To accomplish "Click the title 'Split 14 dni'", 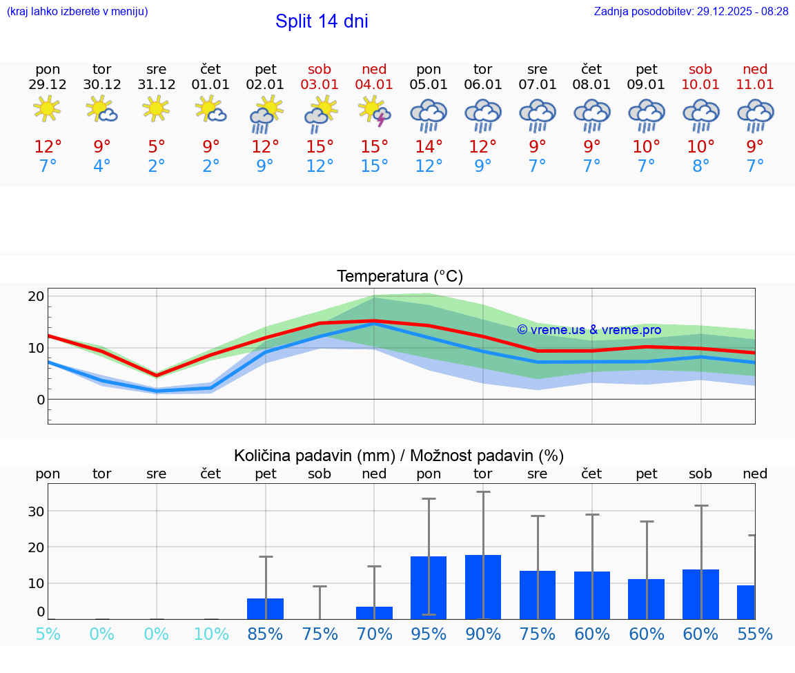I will coord(322,21).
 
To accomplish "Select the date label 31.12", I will coord(157,85).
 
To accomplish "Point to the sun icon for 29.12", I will coord(47,108).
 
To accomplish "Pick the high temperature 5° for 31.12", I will coord(157,147).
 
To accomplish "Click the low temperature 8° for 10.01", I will coord(700,166).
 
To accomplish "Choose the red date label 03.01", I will coord(320,85).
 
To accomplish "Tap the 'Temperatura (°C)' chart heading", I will coord(400,277).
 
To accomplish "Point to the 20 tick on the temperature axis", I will coord(36,296).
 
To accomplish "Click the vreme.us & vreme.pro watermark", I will coord(589,330).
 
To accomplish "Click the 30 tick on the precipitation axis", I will coord(36,511).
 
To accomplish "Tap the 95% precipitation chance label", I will coord(429,634).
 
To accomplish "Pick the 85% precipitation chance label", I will coord(265,634).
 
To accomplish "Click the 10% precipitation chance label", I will coord(211,634).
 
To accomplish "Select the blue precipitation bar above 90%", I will coord(483,587).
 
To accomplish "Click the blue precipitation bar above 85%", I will coord(265,608).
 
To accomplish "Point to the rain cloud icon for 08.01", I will coord(591,115).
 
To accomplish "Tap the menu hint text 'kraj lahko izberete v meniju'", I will coord(77,11).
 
